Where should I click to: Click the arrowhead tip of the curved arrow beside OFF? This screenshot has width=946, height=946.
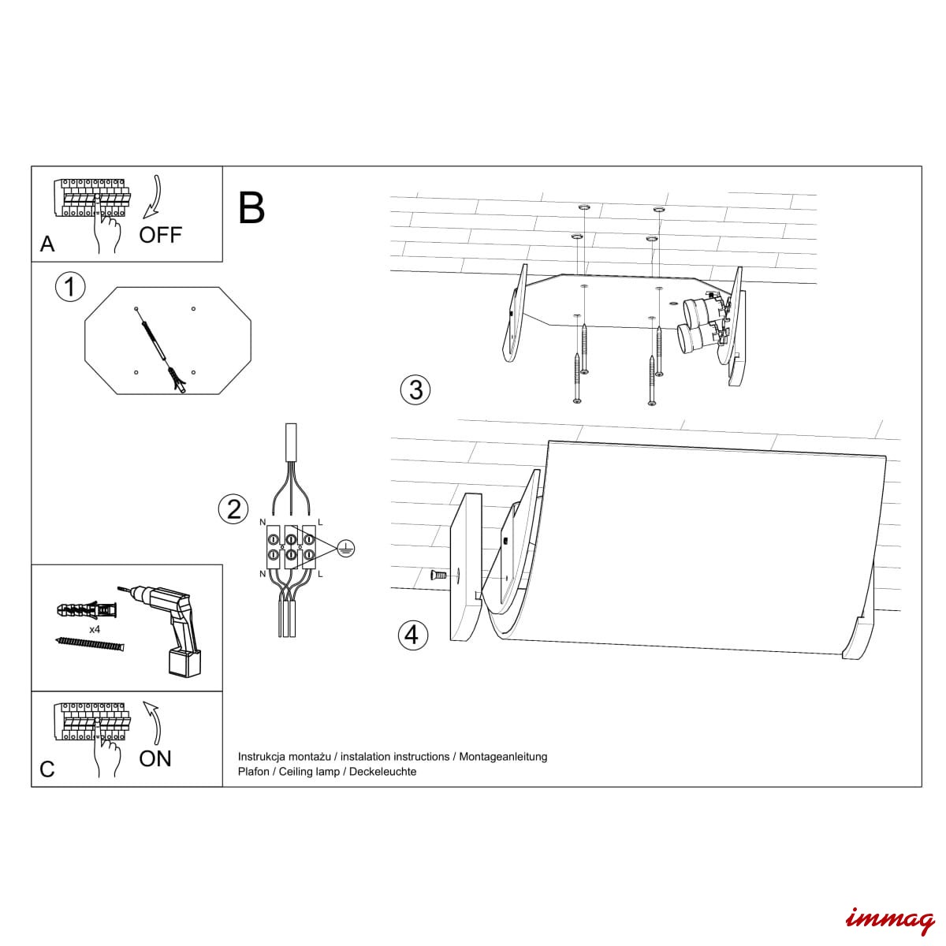coord(143,218)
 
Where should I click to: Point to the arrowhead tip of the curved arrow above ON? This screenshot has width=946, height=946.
coord(143,702)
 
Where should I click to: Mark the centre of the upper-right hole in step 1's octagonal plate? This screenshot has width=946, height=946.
coord(193,309)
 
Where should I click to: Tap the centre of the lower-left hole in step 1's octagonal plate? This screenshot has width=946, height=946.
coord(136,373)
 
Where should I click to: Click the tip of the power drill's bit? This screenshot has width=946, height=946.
coord(117,587)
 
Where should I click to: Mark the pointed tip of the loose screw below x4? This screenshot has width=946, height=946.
coord(55,639)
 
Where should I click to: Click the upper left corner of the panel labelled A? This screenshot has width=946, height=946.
coord(32,166)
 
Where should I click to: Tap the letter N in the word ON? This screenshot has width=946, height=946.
coord(165,759)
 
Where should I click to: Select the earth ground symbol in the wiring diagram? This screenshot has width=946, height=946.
coord(347,549)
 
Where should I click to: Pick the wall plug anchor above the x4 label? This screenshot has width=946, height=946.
coord(87,611)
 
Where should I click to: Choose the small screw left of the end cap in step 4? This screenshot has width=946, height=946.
coord(439,574)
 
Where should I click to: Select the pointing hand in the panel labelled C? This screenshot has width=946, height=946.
coord(106,747)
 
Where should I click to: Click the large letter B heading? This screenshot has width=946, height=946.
coord(251,207)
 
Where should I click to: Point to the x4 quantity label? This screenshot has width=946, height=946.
coord(95,629)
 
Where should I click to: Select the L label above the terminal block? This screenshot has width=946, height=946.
coord(320,523)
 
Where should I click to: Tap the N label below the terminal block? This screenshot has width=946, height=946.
coord(263,573)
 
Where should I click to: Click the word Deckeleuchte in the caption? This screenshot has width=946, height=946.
coord(382,772)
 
